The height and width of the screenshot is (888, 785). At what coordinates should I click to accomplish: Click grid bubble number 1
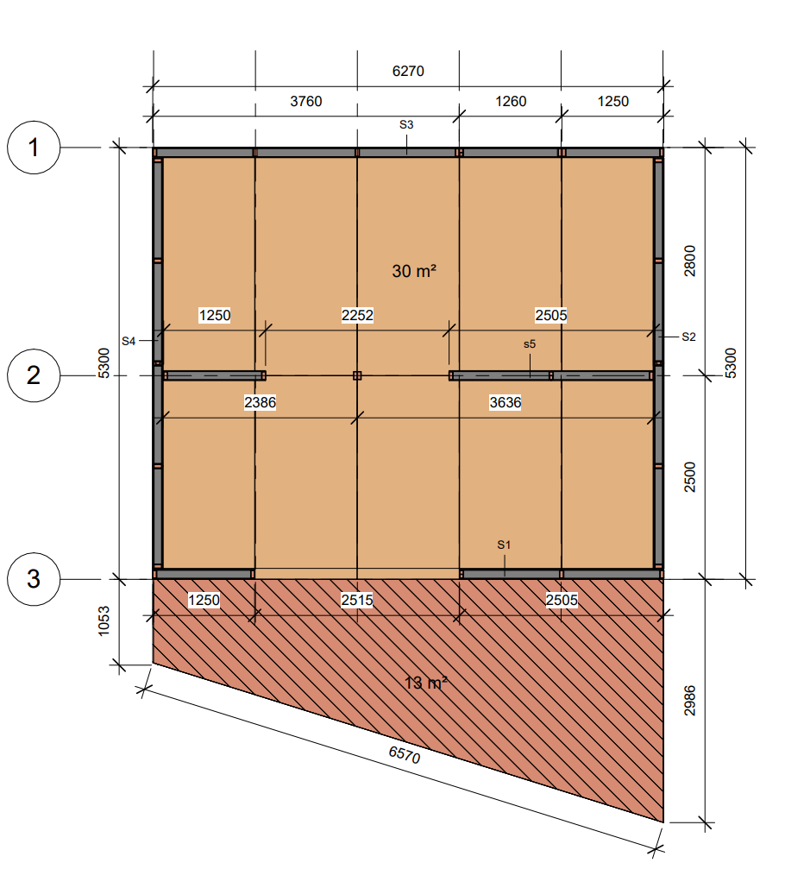point(34,148)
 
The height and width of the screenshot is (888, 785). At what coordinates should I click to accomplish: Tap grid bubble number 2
point(34,375)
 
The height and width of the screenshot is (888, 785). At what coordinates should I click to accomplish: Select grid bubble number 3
point(34,579)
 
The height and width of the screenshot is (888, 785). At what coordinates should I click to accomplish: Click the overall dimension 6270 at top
point(408,72)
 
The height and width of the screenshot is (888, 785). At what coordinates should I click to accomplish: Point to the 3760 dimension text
point(305,101)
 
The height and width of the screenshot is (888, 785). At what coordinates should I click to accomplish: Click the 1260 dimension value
point(511,101)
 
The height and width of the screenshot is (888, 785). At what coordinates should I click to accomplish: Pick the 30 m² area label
point(414,271)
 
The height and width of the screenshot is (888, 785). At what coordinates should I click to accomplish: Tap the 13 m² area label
point(425,683)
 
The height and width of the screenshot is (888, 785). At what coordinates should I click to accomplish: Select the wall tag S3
point(406,124)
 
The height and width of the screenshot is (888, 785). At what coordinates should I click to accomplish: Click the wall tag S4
point(129,341)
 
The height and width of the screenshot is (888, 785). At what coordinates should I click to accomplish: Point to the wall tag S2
point(688,337)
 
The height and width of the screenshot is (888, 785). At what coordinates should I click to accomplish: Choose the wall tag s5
point(529,343)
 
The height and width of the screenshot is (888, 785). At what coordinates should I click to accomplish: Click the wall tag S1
point(504,545)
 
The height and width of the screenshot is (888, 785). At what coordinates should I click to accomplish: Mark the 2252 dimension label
point(357,315)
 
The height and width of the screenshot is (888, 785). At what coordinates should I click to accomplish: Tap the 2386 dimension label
point(260,403)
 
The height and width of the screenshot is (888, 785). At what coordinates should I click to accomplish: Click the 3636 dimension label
point(505,403)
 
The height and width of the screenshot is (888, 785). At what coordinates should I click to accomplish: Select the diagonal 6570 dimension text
point(405,754)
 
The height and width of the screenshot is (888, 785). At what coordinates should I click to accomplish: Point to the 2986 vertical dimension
point(689,701)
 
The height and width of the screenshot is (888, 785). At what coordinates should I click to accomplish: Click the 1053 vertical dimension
point(104,621)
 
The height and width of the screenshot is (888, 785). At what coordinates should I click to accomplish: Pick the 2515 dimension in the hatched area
point(356,600)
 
